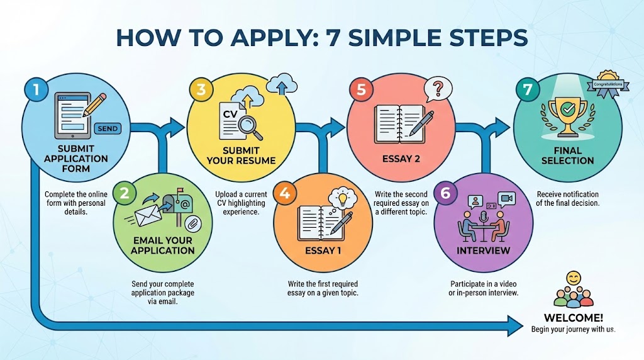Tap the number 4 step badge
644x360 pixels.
point(285,194)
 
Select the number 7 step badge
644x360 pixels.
point(525,90)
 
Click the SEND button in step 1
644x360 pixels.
point(108,128)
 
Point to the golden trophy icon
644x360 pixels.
point(568,113)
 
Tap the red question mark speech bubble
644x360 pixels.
point(438,89)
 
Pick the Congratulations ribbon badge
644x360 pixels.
point(608,84)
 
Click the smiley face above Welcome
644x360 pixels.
point(573,278)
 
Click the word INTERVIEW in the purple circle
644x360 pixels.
point(483,250)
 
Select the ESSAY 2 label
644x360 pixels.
point(401,159)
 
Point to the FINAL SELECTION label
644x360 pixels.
point(567,156)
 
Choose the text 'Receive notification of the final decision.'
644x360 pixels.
point(567,198)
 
